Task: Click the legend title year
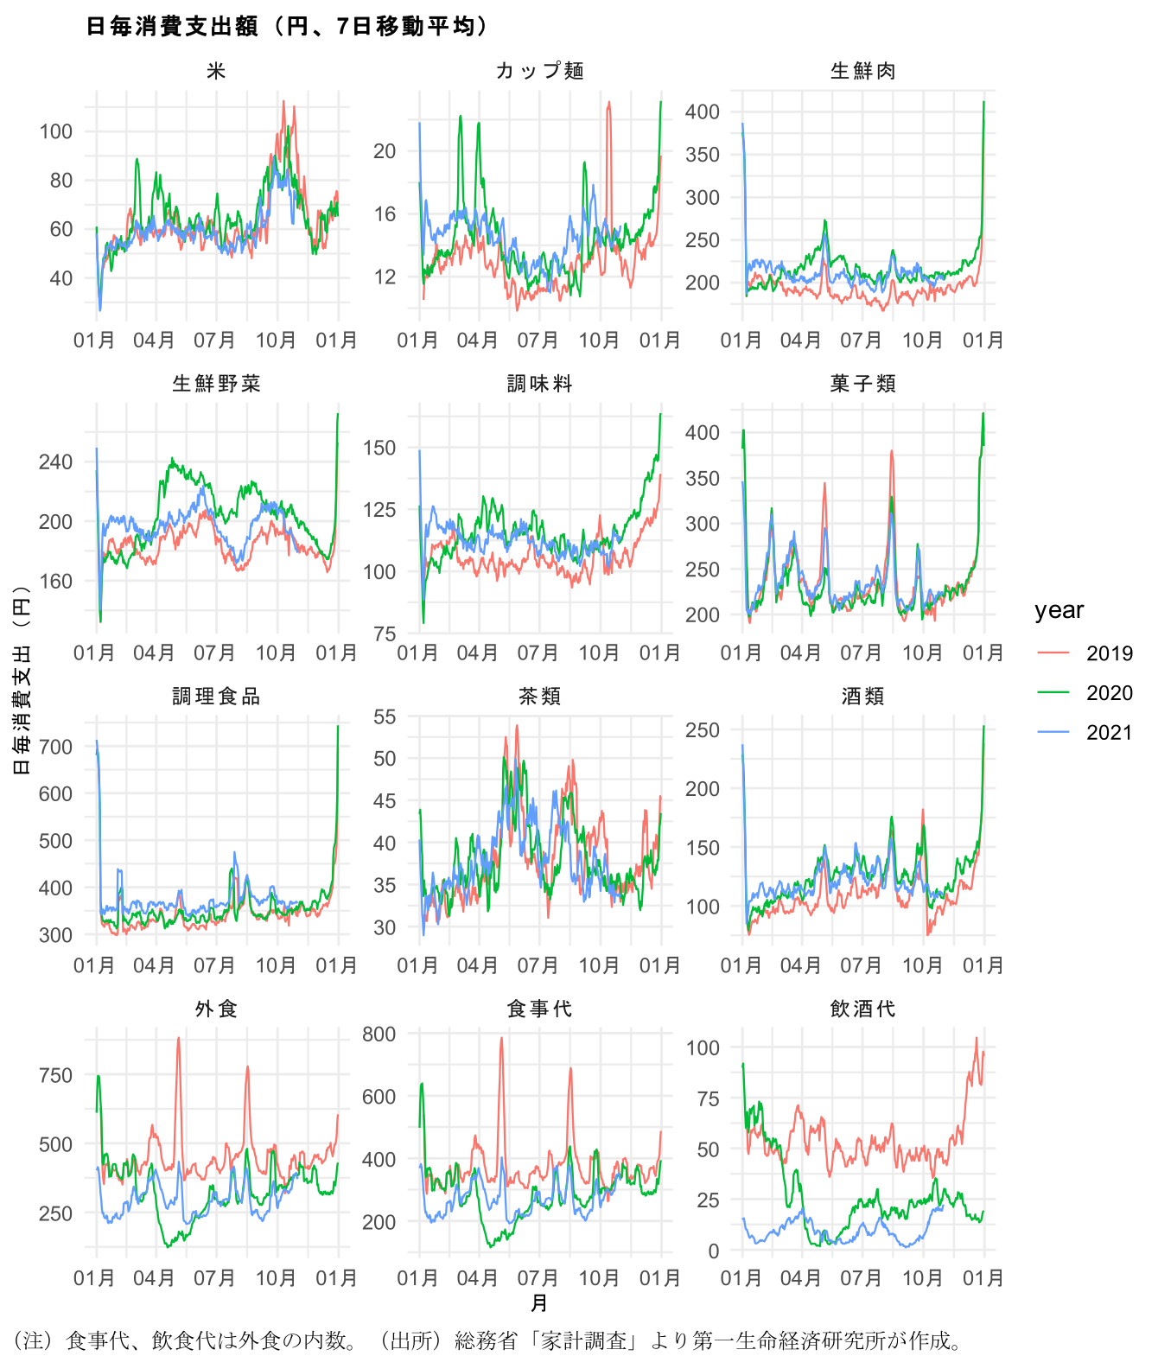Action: point(1059,610)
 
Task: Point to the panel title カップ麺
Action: point(540,71)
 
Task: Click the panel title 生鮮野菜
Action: point(216,384)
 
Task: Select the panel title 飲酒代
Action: point(862,1009)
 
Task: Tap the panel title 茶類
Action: point(540,697)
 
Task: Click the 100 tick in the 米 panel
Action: point(56,131)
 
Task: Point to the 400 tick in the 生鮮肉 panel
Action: point(702,111)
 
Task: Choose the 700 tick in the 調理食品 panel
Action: point(56,747)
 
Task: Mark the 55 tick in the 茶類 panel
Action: point(385,716)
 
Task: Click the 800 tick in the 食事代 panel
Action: point(379,1034)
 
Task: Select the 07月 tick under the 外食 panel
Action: point(214,1278)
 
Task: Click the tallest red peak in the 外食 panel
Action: point(178,1038)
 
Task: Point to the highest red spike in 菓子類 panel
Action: point(891,451)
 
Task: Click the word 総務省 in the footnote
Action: point(482,1340)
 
